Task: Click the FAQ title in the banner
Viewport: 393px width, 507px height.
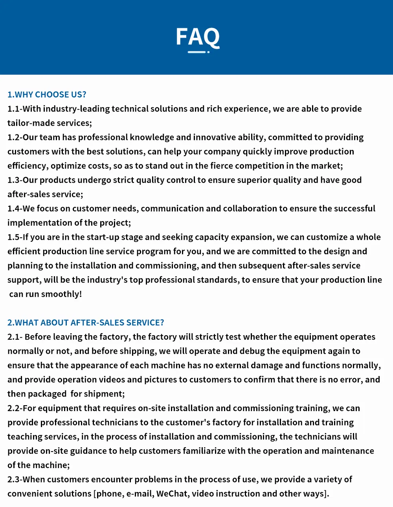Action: [x=198, y=37]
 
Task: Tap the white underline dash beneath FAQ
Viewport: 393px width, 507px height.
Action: [x=196, y=52]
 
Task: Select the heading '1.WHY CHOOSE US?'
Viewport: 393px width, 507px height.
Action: [x=47, y=94]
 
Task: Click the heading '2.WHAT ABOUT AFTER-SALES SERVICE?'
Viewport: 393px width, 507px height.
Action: [x=86, y=323]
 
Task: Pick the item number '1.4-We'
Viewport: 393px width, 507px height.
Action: [x=21, y=208]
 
